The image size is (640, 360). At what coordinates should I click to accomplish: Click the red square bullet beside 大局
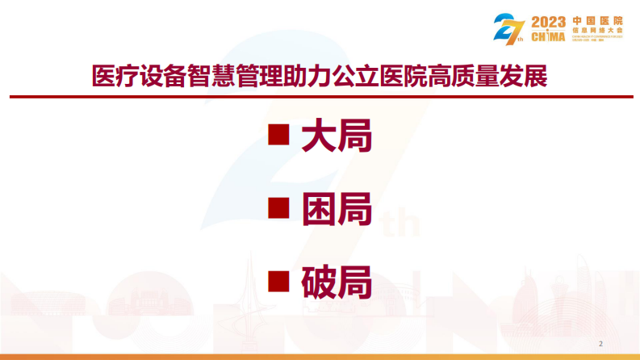[278, 134]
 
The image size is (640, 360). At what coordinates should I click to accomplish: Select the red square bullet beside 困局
[278, 207]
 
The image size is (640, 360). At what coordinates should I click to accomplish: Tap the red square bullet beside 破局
[278, 280]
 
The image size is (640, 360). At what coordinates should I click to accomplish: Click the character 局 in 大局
[354, 136]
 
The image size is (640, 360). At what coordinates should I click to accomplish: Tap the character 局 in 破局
[354, 282]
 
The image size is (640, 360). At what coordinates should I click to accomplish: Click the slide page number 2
[600, 341]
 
